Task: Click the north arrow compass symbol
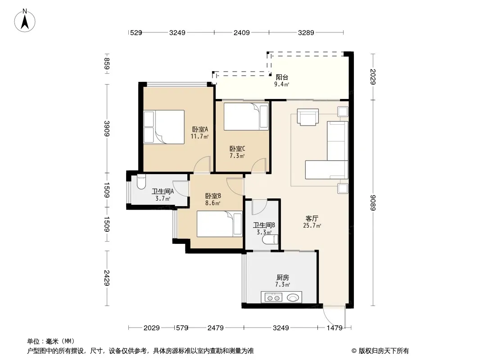(x=25, y=21)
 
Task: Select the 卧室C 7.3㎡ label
(x=237, y=152)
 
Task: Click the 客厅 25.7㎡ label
(x=312, y=222)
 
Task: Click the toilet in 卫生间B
(x=271, y=239)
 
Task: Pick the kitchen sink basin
(x=293, y=297)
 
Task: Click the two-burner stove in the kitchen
(x=273, y=297)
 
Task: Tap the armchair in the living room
(x=308, y=117)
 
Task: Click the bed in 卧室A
(x=164, y=127)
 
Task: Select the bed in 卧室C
(x=246, y=117)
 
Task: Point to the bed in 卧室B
(x=219, y=224)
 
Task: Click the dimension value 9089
(x=372, y=203)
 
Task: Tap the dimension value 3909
(x=107, y=128)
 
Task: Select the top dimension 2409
(x=241, y=32)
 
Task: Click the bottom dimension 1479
(x=334, y=328)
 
